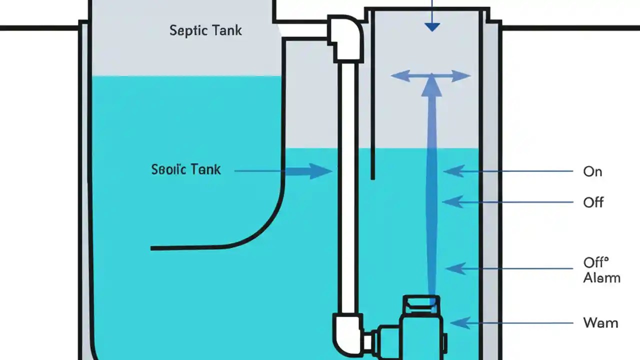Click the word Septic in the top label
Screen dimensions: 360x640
pyautogui.click(x=187, y=30)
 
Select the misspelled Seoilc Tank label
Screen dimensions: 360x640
pyautogui.click(x=185, y=169)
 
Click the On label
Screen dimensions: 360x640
pyautogui.click(x=592, y=171)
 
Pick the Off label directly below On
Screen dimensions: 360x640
pyautogui.click(x=593, y=202)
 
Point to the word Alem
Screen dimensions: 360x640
pyautogui.click(x=601, y=278)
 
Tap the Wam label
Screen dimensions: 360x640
pyautogui.click(x=600, y=323)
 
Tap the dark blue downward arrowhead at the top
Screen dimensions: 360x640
pyautogui.click(x=432, y=26)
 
